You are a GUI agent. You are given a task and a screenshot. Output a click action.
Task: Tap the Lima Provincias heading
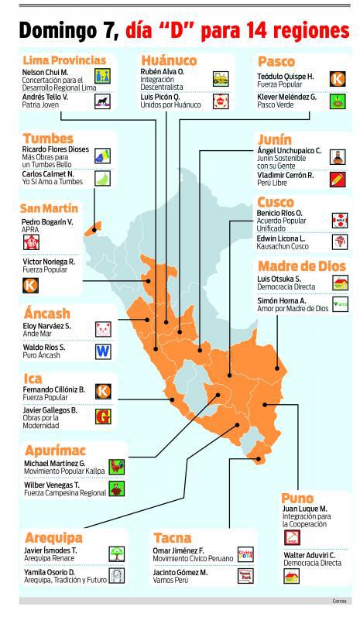64,60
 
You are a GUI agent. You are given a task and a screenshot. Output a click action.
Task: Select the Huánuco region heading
169,60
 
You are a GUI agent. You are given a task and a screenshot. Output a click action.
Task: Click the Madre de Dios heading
302,266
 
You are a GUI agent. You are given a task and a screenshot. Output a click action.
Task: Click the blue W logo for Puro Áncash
102,350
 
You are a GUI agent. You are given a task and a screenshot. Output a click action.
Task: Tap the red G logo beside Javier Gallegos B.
102,415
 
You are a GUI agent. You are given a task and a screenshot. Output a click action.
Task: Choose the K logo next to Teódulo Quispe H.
337,78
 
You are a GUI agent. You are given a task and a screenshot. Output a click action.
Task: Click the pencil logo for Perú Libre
337,180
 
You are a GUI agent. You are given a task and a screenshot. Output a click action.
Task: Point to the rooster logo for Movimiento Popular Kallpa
117,466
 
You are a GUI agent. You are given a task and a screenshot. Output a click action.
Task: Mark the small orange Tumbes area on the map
94,228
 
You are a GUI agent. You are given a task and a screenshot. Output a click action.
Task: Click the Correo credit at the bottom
339,601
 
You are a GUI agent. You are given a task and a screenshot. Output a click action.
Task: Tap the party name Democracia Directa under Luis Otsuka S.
288,286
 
